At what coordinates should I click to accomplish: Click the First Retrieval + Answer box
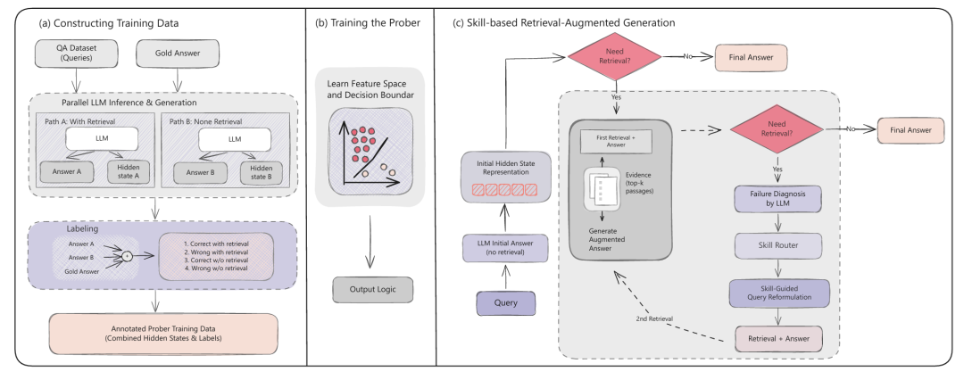(616, 140)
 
